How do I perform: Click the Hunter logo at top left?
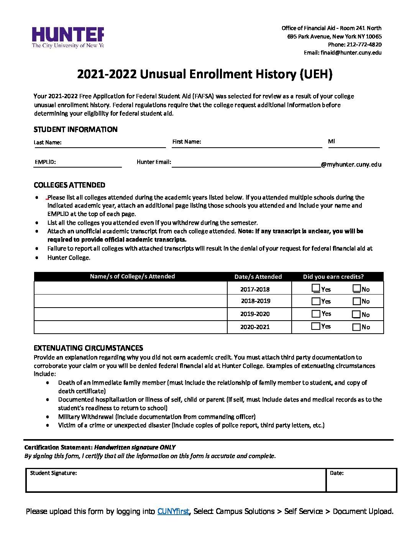pos(67,38)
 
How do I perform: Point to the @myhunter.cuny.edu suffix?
pos(351,165)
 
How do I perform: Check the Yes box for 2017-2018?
pos(316,288)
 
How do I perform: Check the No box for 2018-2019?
pos(356,301)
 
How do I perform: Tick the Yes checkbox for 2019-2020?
pos(316,314)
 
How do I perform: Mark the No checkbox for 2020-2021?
pos(356,327)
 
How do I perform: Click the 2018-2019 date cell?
pos(259,301)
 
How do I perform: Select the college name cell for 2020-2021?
pos(130,327)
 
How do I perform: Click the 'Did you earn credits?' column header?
pos(333,277)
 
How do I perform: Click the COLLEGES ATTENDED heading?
pos(69,185)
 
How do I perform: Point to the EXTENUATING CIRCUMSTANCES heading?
pos(88,348)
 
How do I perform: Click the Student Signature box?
pos(176,481)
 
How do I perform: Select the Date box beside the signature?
pos(361,481)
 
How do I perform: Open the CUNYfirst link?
pos(173,511)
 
